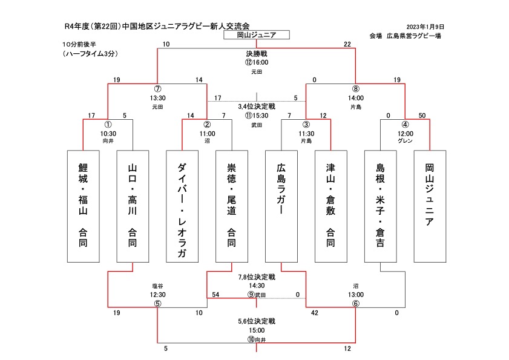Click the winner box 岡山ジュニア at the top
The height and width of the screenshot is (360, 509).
[x=257, y=35]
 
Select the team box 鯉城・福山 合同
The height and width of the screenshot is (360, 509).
[x=83, y=206]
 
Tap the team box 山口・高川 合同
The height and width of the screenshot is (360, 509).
[x=133, y=206]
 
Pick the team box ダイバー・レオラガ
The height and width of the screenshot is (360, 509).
[x=182, y=206]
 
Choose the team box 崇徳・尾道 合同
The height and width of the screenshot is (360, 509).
[x=232, y=206]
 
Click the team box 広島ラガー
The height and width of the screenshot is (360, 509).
[x=281, y=206]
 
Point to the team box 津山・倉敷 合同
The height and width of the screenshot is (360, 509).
[x=331, y=206]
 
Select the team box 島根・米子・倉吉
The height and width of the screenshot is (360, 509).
[x=381, y=206]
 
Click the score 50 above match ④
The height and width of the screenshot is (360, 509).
[x=422, y=116]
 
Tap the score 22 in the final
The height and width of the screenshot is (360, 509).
[x=347, y=44]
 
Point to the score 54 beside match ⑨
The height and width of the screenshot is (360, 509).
[x=215, y=295]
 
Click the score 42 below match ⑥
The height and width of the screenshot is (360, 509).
[x=315, y=313]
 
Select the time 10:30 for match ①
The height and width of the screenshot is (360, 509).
[x=108, y=134]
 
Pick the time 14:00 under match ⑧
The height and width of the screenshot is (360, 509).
[x=356, y=98]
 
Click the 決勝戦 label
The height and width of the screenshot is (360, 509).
[x=257, y=54]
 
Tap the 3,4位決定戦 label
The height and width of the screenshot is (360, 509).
[x=257, y=106]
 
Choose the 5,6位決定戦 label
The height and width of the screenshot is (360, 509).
[x=257, y=321]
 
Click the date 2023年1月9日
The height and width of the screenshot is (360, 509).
[x=425, y=27]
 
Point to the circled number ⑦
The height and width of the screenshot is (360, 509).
[x=158, y=89]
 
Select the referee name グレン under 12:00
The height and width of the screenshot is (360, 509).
[x=405, y=140]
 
